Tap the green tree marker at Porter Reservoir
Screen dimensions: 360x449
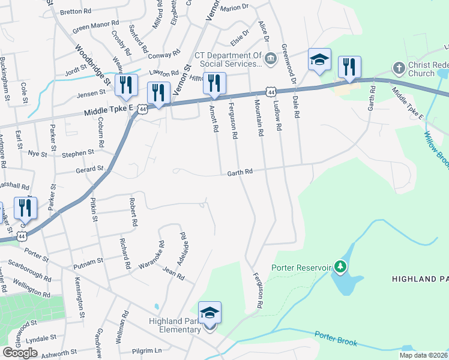[340, 266]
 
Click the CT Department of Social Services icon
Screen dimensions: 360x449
[270, 58]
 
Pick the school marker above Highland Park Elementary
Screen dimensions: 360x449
[209, 313]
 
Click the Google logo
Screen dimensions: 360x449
[19, 352]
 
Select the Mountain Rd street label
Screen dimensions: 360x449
[260, 117]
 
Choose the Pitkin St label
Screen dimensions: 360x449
[94, 210]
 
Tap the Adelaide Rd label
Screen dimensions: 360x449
[183, 245]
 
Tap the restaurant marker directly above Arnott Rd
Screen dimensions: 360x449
[214, 83]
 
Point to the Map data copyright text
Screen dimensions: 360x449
[424, 355]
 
